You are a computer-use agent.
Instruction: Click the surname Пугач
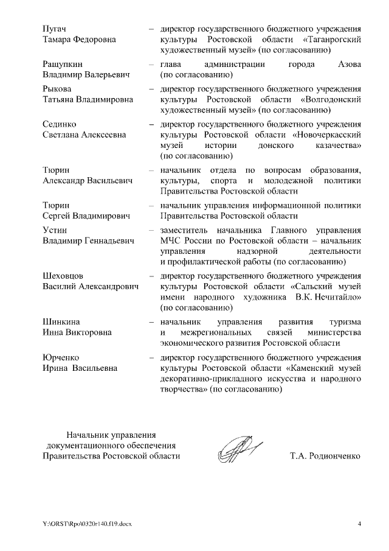pyautogui.click(x=54, y=29)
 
